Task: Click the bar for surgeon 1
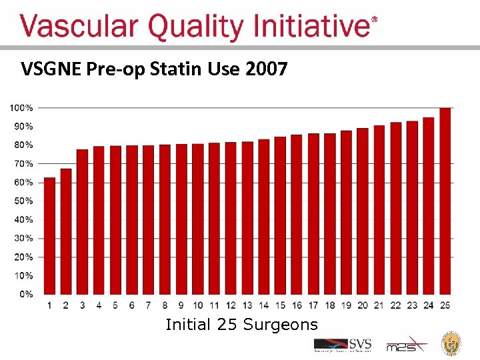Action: [49, 236]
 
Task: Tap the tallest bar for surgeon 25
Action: [445, 201]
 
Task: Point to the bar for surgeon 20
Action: [363, 211]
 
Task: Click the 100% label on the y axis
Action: [21, 107]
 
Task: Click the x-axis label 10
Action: [198, 305]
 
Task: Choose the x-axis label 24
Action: [429, 305]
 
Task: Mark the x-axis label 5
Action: [115, 305]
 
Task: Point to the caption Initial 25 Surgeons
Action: [241, 325]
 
